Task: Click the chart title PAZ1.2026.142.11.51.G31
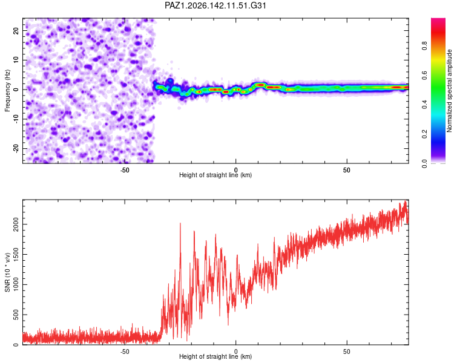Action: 215,5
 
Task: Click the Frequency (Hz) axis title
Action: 7,90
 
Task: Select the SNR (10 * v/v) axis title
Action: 7,272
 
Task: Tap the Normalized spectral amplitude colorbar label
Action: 449,91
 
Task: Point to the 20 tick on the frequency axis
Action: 16,30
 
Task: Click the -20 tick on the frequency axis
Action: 16,148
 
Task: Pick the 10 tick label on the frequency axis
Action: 16,60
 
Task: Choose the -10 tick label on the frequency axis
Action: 16,119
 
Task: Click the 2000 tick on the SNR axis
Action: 16,224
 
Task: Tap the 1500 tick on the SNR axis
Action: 16,254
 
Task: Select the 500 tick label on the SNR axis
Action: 16,315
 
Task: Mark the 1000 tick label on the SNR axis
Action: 16,284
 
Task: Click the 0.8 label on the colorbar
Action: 424,45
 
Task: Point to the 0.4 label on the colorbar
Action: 424,104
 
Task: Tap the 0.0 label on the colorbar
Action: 424,163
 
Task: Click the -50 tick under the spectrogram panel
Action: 125,170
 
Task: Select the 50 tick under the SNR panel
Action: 347,352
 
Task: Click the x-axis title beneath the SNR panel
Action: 215,356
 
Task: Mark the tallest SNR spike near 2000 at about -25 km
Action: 180,223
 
